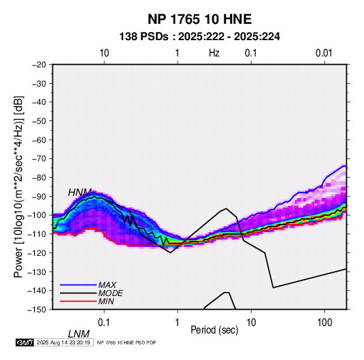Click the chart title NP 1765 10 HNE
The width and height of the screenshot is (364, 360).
(x=199, y=19)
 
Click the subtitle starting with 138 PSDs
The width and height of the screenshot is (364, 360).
(x=199, y=37)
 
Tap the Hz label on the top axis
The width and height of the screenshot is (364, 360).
(x=214, y=53)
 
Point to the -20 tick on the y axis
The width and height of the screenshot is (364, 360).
(x=39, y=65)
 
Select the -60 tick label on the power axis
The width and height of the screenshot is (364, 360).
(x=39, y=140)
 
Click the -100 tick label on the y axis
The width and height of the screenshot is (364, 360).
(x=37, y=215)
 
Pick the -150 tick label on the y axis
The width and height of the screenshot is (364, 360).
(x=37, y=310)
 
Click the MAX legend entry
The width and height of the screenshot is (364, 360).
(x=107, y=285)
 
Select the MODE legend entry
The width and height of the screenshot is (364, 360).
(x=110, y=293)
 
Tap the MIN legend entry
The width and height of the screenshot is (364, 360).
(x=106, y=301)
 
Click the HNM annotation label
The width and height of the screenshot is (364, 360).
(x=80, y=193)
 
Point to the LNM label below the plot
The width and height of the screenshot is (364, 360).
(x=79, y=334)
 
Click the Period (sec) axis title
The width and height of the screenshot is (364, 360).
(x=214, y=330)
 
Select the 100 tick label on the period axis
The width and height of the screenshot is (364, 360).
(x=325, y=323)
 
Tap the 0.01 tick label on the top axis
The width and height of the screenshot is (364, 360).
(x=324, y=53)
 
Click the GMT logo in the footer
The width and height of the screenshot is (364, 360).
(x=24, y=342)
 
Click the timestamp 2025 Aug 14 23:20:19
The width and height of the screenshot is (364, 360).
(x=63, y=342)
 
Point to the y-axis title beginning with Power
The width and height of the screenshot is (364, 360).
(x=18, y=187)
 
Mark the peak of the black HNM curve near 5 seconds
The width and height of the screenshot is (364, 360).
(x=226, y=208)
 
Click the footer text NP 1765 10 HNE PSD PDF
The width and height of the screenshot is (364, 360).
(x=127, y=342)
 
